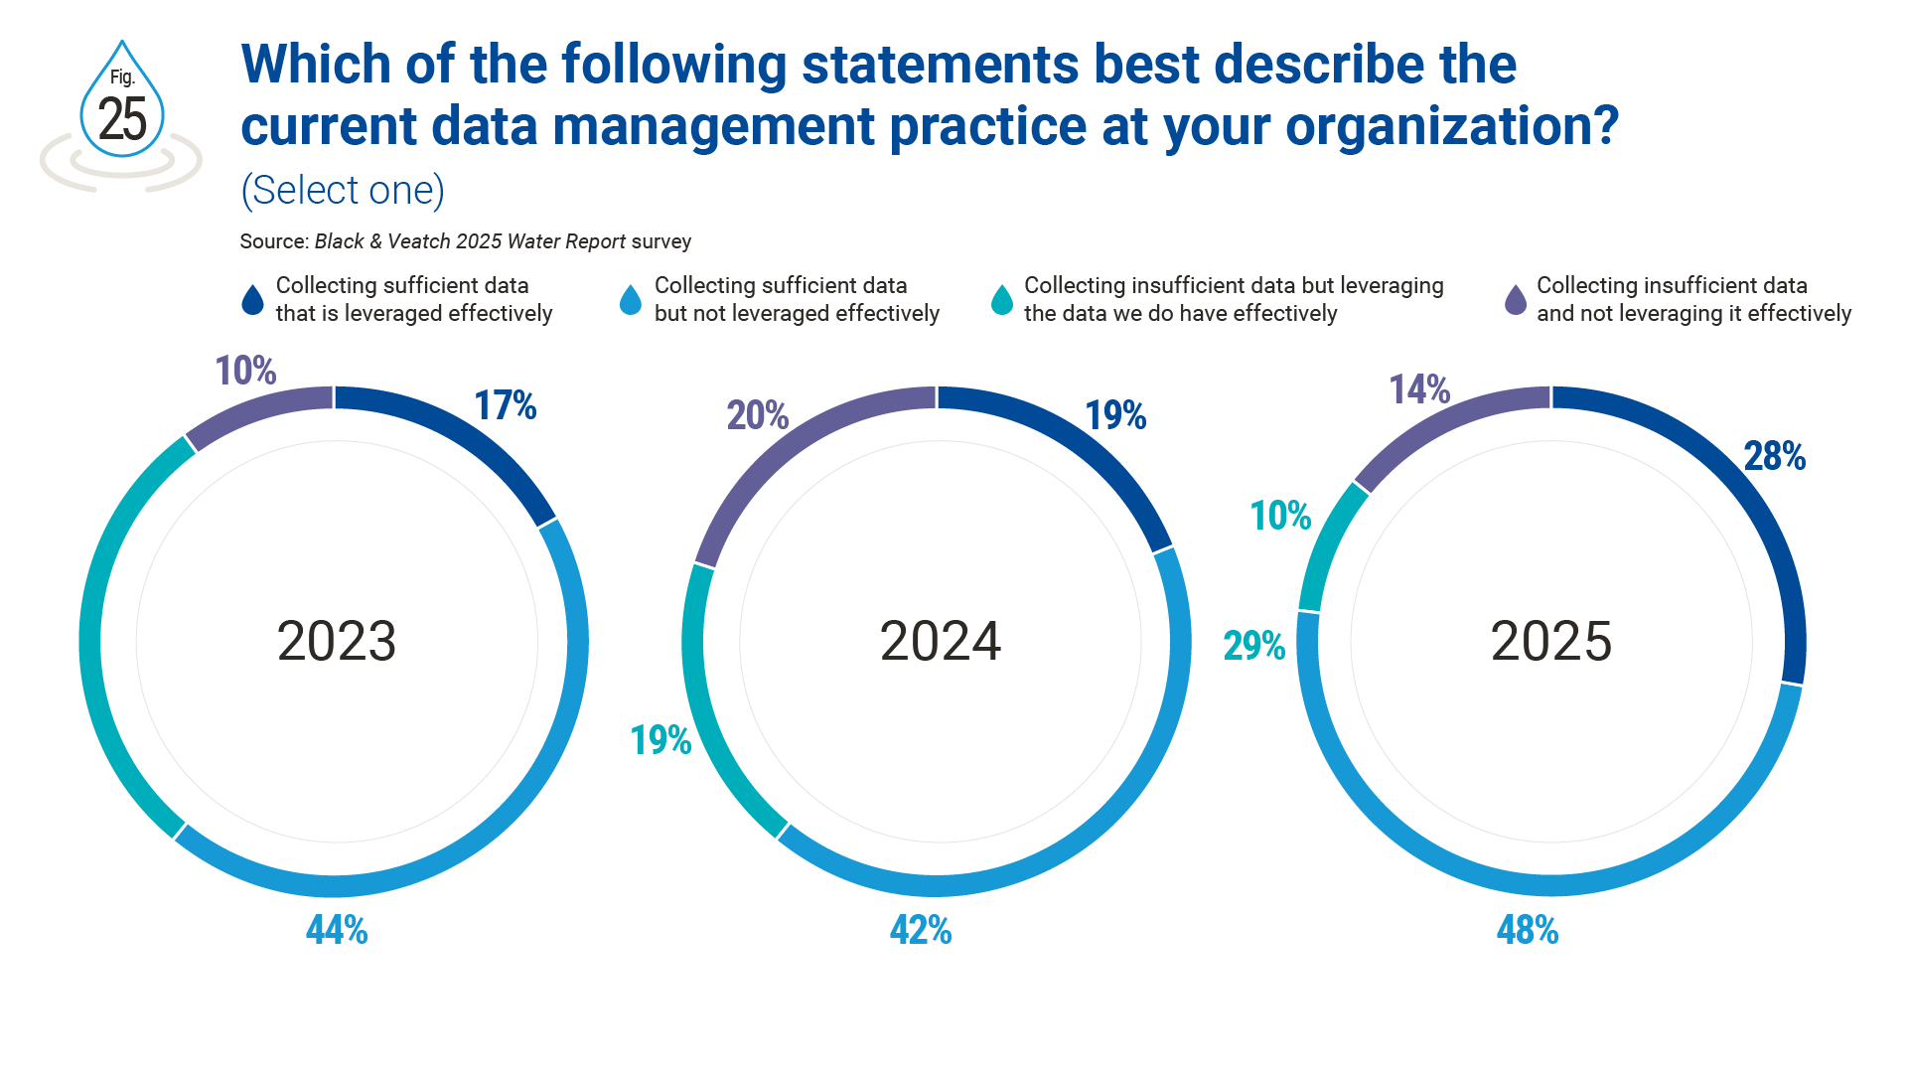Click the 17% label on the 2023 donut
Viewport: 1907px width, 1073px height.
pos(505,405)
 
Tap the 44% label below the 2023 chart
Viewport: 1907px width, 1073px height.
pos(337,930)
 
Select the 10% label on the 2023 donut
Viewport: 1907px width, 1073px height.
pos(245,371)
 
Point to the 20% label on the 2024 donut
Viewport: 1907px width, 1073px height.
pos(757,414)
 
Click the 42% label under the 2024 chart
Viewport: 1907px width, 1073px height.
pos(921,930)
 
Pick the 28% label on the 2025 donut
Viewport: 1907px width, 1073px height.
pos(1774,456)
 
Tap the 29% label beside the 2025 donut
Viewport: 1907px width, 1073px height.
pos(1253,646)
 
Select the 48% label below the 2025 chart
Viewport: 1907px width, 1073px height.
pos(1528,930)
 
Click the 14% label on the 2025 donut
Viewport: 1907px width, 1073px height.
pos(1418,389)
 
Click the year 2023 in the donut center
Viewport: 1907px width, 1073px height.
pos(337,641)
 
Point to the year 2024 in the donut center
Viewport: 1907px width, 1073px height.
pos(941,641)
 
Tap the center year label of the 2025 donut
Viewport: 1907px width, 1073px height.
pos(1551,641)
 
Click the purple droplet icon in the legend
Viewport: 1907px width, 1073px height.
pos(1516,300)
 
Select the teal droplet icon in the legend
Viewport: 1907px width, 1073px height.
pos(1002,300)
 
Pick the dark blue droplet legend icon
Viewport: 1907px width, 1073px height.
pos(253,300)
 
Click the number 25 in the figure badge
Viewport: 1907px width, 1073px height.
pos(122,120)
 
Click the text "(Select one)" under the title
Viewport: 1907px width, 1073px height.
pos(343,190)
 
